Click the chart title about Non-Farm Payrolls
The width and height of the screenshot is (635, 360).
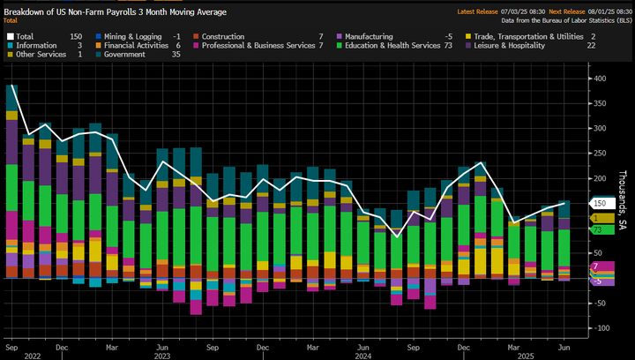pos(116,11)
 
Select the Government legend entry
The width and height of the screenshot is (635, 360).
pos(124,54)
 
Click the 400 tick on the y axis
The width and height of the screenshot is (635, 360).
pos(599,79)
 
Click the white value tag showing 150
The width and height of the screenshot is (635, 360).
pos(600,203)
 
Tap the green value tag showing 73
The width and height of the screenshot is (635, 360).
pos(600,230)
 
